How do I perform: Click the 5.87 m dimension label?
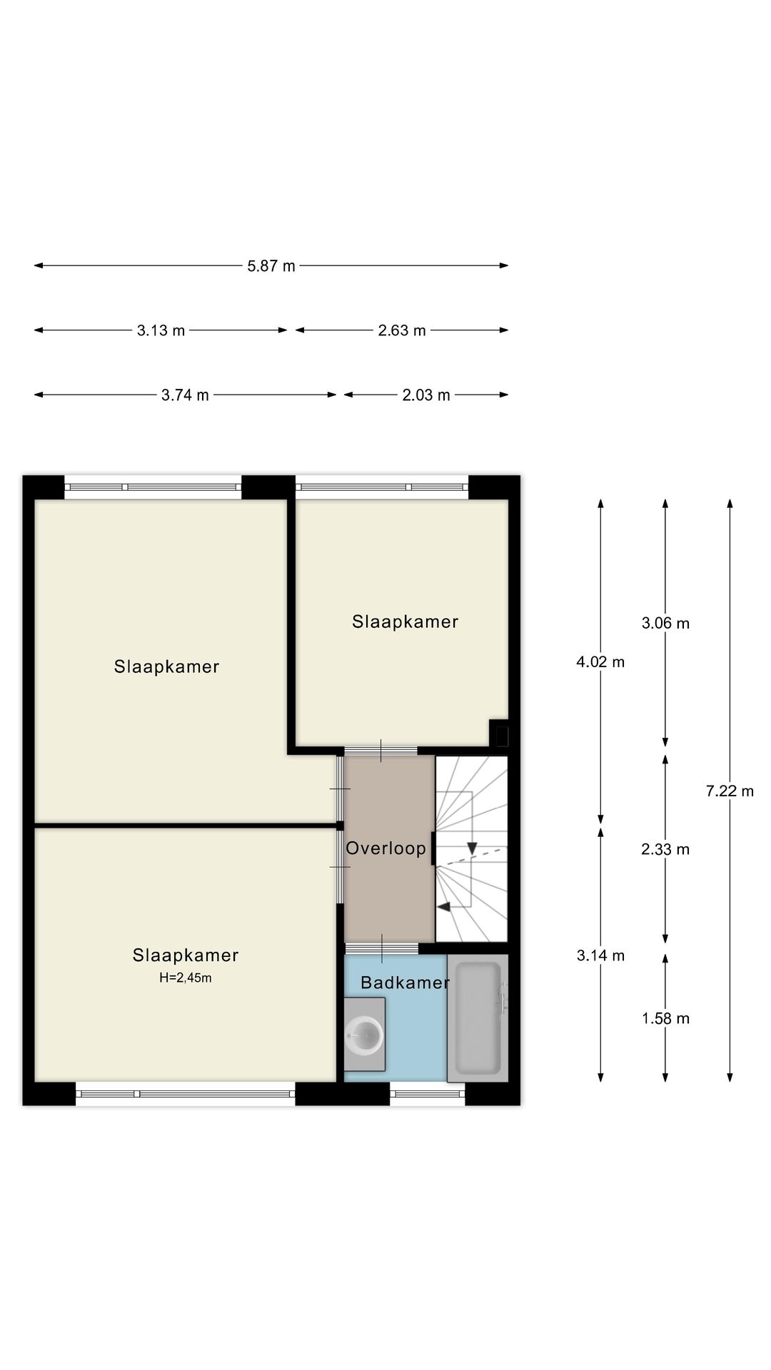point(271,266)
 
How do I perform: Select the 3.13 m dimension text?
point(161,330)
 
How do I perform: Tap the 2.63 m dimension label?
point(402,330)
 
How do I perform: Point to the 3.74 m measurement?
point(186,395)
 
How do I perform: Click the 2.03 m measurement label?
point(426,395)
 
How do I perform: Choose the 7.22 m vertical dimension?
point(730,791)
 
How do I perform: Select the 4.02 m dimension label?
point(600,662)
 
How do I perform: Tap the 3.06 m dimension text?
point(665,623)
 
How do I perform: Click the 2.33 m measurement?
point(665,849)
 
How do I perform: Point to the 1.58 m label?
point(665,1018)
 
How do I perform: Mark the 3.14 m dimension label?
point(600,955)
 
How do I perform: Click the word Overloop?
point(386,848)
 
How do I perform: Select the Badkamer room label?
point(405,983)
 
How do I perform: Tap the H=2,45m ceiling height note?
point(186,978)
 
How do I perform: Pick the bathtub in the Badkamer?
point(478,1018)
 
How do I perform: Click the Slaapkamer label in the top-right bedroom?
point(405,621)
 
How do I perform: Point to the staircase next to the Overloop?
point(471,849)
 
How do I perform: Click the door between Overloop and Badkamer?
point(382,948)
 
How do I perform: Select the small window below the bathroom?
point(427,1094)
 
